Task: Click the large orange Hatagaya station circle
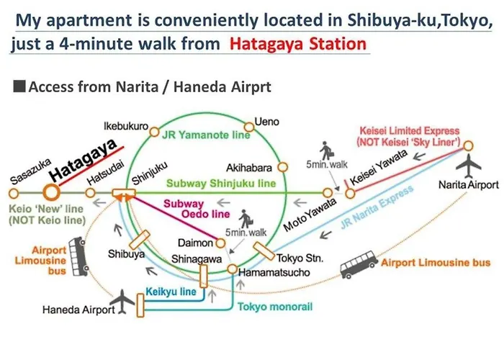click(x=51, y=192)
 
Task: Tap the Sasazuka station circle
click(x=14, y=194)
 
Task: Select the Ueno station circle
click(x=249, y=127)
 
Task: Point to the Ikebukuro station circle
click(x=155, y=132)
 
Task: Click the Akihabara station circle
click(x=282, y=167)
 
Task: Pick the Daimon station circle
click(x=220, y=243)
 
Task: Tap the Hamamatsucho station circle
click(x=233, y=269)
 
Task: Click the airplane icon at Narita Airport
click(x=468, y=166)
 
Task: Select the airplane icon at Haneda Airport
click(x=122, y=302)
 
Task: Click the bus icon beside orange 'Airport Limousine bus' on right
click(x=359, y=264)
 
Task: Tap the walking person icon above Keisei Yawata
click(x=327, y=150)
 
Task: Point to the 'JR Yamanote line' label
click(x=206, y=135)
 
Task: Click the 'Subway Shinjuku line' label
click(x=221, y=183)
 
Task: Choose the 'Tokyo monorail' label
click(x=275, y=306)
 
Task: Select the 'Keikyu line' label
click(x=171, y=292)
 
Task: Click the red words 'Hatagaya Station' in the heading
click(x=298, y=43)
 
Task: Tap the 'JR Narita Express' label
click(x=377, y=207)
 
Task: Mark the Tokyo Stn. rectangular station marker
click(x=264, y=251)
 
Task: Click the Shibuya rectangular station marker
click(x=140, y=240)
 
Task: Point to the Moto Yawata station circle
click(x=328, y=193)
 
